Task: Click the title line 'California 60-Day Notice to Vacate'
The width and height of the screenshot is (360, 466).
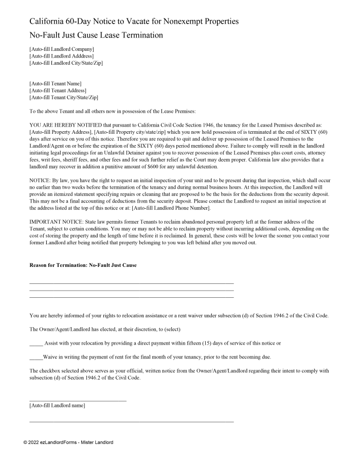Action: (134, 22)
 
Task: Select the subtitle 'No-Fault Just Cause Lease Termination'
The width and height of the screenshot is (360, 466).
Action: (96, 35)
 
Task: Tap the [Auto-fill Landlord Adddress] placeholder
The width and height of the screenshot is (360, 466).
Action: (61, 56)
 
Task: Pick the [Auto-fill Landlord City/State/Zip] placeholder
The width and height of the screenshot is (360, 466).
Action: (66, 63)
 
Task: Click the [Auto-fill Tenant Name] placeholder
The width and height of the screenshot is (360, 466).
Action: (56, 83)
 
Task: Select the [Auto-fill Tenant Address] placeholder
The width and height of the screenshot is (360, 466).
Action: (58, 91)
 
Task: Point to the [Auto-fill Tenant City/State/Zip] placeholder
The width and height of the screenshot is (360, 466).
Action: (64, 97)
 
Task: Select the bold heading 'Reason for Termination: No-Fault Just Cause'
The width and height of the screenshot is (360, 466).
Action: (83, 265)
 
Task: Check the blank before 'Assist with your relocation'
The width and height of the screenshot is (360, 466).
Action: (36, 343)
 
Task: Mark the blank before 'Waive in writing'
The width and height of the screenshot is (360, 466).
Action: (36, 357)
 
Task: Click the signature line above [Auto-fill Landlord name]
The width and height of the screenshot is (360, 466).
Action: (78, 400)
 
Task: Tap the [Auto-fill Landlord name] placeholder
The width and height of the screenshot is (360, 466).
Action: (58, 406)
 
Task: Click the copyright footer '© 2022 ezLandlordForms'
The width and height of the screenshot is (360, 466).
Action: (68, 442)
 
